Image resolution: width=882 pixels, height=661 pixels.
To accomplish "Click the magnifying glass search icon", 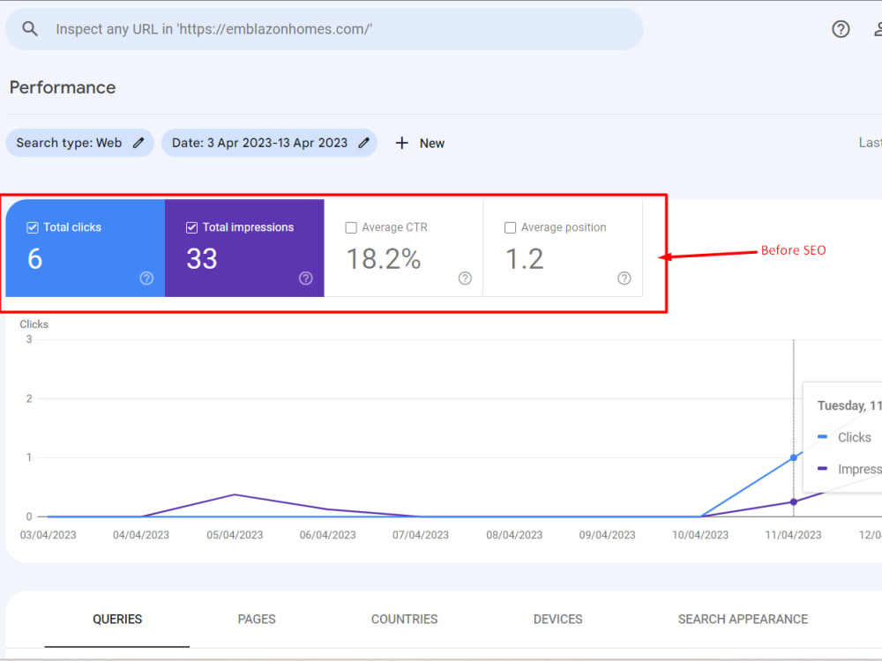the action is (x=30, y=29).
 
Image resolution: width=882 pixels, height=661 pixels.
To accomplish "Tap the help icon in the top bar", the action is (x=841, y=29).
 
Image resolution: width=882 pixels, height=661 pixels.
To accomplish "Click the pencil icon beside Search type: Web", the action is (x=138, y=143).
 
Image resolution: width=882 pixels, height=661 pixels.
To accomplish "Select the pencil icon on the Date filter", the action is (x=364, y=143).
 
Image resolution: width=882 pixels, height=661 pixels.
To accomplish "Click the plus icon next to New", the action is (x=401, y=143).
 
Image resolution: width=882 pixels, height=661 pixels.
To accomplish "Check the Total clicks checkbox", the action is (x=33, y=227).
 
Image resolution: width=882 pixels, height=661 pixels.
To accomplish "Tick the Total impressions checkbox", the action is (x=191, y=227).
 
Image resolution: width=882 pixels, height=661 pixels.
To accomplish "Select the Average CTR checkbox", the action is (x=351, y=227).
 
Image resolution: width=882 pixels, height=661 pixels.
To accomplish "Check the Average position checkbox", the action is (x=510, y=227).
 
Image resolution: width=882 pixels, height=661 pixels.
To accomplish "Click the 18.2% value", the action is (x=384, y=259).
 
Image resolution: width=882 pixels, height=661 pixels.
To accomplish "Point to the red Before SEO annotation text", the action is (x=793, y=250).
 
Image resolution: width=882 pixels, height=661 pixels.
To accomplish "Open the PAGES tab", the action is (x=257, y=619).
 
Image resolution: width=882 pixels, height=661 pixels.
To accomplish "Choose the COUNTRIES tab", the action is (x=405, y=619).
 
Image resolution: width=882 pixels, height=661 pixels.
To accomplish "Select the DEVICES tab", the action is (x=558, y=619).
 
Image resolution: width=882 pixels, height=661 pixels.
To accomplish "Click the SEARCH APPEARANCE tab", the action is (x=743, y=619).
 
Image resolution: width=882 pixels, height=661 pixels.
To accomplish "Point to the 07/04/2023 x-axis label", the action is (x=421, y=535).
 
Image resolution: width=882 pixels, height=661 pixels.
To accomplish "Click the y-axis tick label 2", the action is (x=29, y=398).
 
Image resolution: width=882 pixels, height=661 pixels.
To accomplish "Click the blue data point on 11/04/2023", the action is (x=794, y=457).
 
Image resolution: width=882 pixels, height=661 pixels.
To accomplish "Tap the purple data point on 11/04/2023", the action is (x=794, y=502).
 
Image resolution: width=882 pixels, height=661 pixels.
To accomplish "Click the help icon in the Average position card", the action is (x=624, y=279).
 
